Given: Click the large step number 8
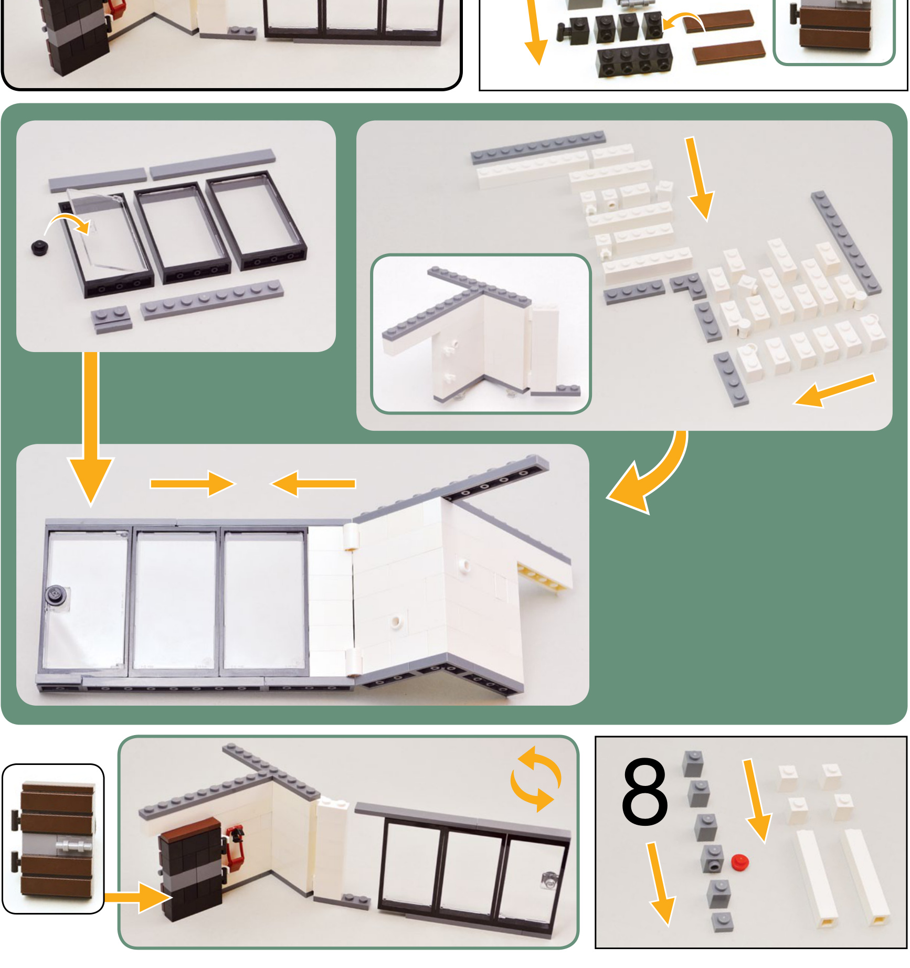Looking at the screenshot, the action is coord(644,791).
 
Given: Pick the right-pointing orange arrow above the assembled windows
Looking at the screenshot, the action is coord(192,484).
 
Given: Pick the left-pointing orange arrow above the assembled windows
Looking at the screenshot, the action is coord(313,484).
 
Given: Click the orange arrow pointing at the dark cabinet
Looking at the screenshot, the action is coord(138,898).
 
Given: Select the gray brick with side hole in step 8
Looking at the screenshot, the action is coord(713,858).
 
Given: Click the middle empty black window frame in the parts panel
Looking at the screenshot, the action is coord(183,233).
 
